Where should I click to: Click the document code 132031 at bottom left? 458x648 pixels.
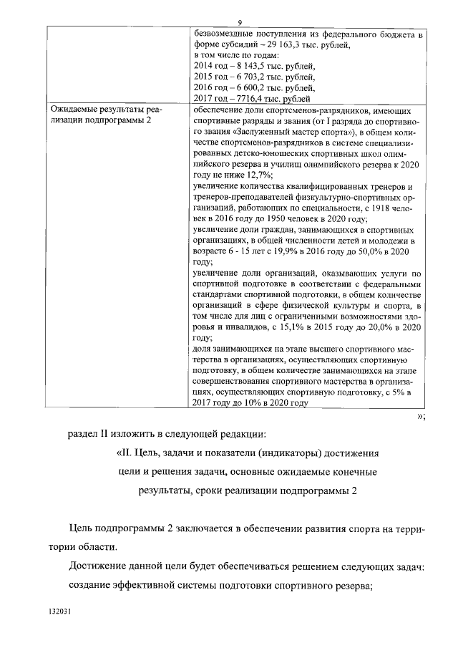tap(60, 613)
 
